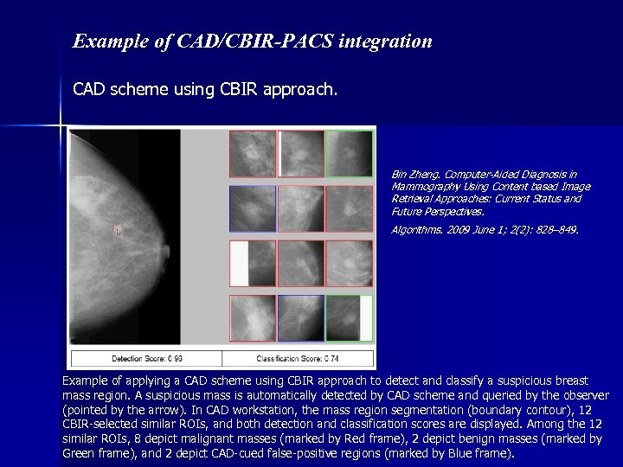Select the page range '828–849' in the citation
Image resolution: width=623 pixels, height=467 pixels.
[x=556, y=230]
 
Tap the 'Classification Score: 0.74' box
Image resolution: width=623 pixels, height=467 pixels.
[x=298, y=359]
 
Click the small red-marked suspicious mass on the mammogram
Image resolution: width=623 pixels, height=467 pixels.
[x=119, y=230]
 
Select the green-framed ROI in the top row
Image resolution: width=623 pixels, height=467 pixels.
[x=350, y=154]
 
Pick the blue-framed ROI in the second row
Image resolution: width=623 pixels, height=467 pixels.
[x=253, y=208]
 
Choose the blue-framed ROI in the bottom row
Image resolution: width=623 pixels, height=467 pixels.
[x=301, y=318]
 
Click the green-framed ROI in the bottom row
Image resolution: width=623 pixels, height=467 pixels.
[x=350, y=318]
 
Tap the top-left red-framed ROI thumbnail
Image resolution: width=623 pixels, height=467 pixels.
[x=253, y=154]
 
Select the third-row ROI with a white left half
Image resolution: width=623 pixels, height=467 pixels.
[x=253, y=264]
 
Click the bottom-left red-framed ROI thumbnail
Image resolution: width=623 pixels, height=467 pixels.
[x=253, y=318]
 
